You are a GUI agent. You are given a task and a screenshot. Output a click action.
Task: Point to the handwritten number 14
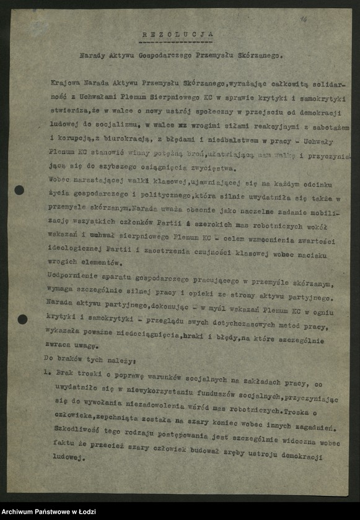click(304, 20)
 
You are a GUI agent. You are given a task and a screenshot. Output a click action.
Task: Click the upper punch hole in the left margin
click(19, 190)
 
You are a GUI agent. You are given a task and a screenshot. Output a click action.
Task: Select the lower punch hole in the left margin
click(22, 319)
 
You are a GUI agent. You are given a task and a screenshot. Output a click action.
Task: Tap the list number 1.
click(46, 373)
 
